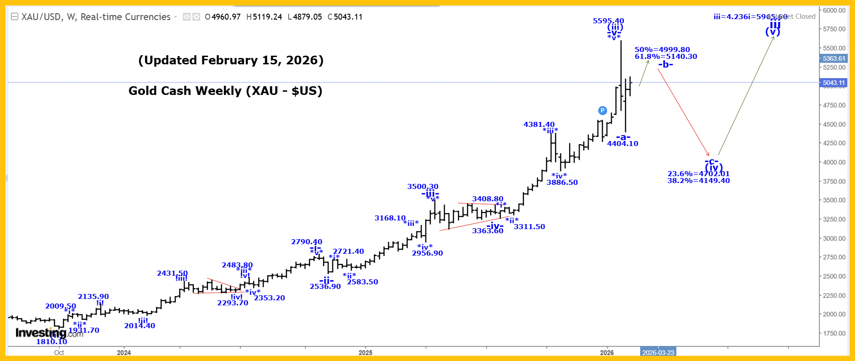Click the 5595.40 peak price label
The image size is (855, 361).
(608, 21)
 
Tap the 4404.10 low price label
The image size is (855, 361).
(622, 144)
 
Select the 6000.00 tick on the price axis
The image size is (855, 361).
(834, 10)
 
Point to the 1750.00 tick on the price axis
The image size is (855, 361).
(834, 333)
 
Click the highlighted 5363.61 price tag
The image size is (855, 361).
(834, 58)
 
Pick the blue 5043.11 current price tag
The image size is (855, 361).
(834, 83)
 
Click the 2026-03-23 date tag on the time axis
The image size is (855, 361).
(658, 353)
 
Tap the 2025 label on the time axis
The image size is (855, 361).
(365, 353)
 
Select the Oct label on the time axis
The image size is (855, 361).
(59, 353)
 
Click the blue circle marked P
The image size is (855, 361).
(602, 110)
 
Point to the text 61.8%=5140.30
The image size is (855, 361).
(666, 57)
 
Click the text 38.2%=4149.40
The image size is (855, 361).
(699, 181)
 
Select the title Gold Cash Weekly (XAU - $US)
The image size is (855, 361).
(225, 91)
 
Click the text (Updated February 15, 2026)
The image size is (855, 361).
(231, 60)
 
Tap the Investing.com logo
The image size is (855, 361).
(49, 333)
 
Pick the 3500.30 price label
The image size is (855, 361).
(423, 187)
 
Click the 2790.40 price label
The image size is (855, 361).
(306, 242)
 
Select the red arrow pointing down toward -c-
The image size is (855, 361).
(683, 112)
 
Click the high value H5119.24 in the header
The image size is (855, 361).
(264, 17)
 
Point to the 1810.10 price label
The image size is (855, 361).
(52, 342)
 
